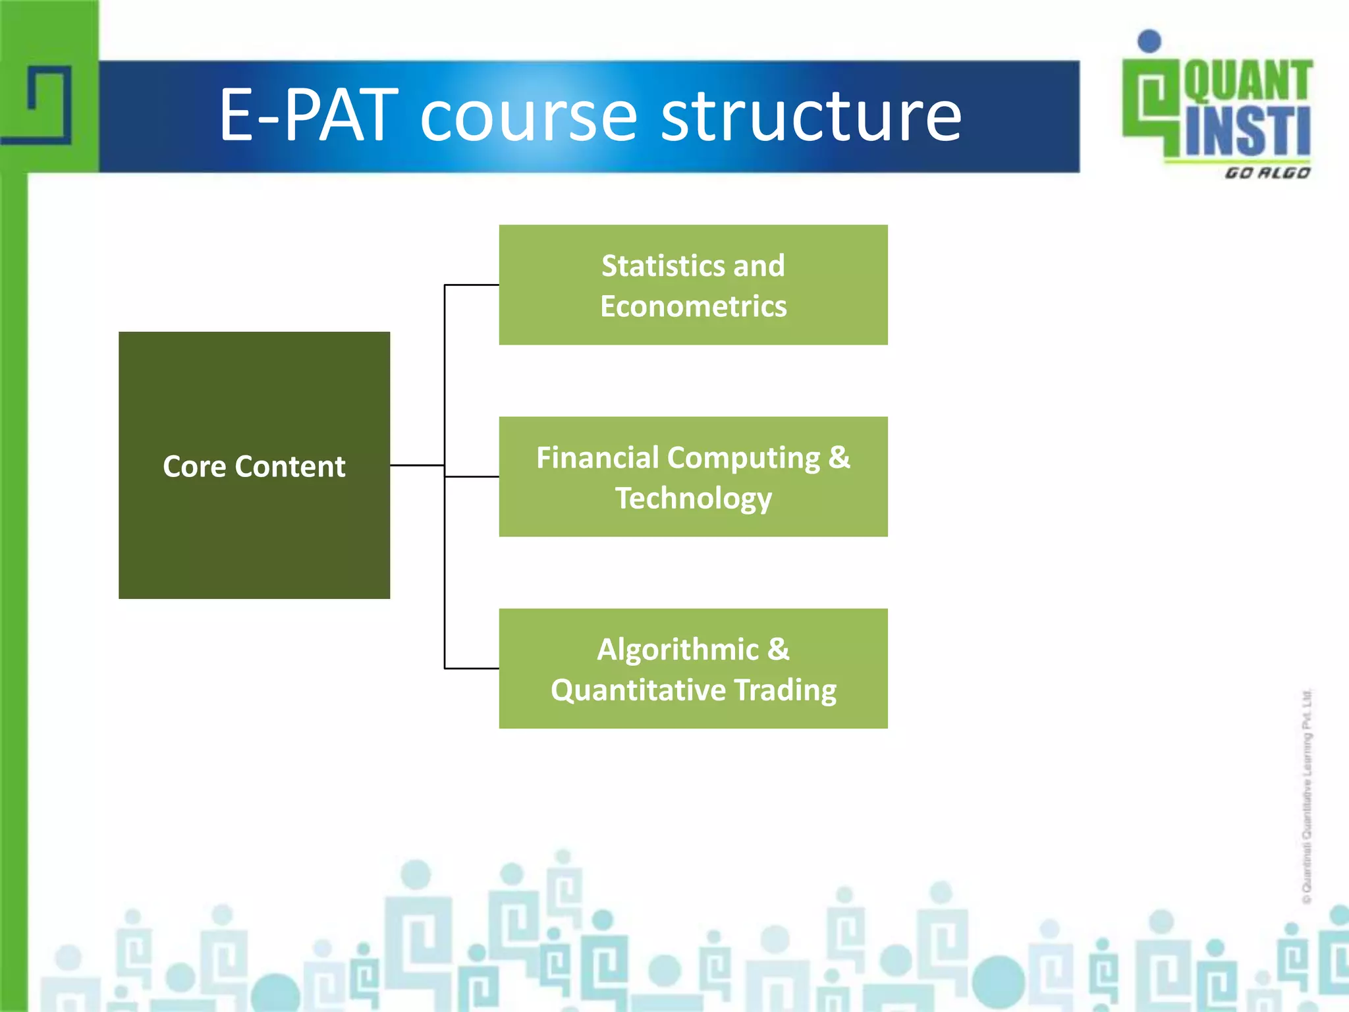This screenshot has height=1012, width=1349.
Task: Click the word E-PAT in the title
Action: (x=308, y=117)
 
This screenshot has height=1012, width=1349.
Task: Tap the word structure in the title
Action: (x=811, y=117)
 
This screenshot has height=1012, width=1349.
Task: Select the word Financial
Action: (x=597, y=458)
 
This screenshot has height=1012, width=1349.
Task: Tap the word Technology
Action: (x=693, y=499)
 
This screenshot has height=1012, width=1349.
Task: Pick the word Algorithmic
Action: (x=677, y=650)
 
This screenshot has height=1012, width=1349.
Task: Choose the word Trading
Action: (x=785, y=690)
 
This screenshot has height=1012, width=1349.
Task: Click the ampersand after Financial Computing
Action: (x=839, y=457)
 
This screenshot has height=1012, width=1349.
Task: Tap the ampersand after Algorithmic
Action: (x=778, y=649)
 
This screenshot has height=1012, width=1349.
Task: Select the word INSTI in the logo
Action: (x=1248, y=132)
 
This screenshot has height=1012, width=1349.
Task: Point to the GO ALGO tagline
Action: (x=1267, y=173)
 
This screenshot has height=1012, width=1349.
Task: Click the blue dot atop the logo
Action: (x=1149, y=41)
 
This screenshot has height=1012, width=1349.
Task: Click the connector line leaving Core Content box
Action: (x=416, y=465)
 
